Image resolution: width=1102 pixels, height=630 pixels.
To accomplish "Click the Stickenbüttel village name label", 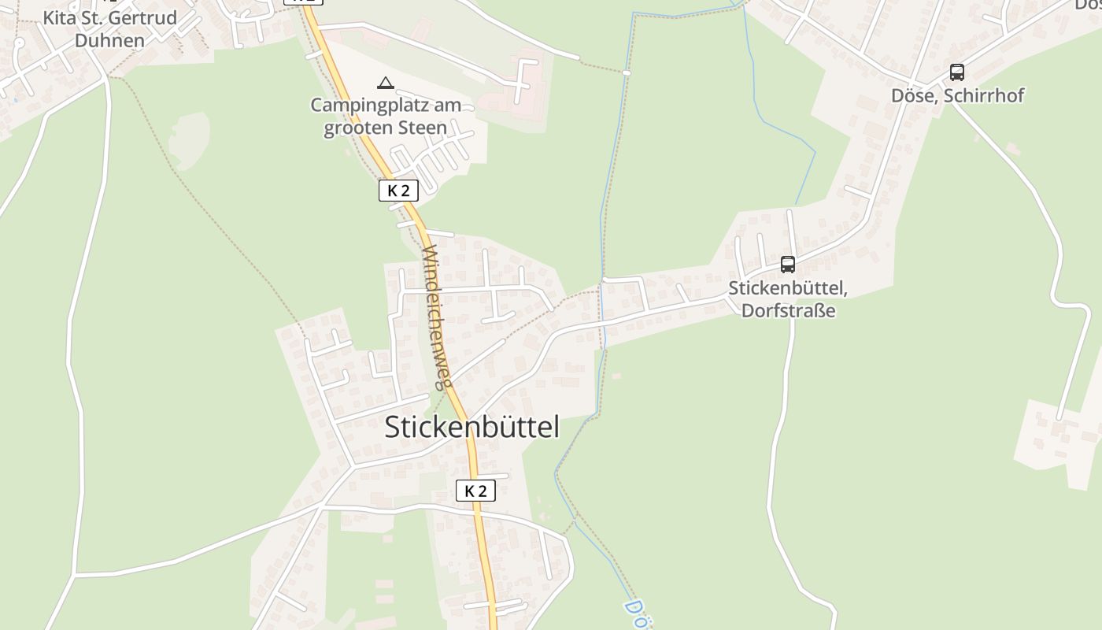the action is tap(471, 427).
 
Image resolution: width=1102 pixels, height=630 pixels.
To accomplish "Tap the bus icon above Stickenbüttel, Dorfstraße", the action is tap(787, 265).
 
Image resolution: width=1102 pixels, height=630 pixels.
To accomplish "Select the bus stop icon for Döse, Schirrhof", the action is tap(956, 72).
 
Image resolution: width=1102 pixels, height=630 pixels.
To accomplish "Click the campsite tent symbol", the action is tap(385, 83).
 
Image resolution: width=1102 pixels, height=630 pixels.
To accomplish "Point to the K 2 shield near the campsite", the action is tap(398, 190).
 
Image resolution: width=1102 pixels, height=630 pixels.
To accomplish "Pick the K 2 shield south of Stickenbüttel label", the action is tap(475, 491).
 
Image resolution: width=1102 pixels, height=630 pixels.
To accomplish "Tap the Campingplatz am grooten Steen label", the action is tap(386, 116).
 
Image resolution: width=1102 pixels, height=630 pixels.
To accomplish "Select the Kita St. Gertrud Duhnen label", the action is tap(109, 29).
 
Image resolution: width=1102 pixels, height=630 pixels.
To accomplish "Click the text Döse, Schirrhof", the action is tap(957, 96).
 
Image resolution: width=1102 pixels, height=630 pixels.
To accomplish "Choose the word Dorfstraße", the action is tap(788, 310).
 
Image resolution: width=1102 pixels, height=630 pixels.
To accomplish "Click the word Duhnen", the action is tap(109, 41).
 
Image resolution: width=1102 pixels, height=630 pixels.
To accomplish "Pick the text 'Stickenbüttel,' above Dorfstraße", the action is tap(787, 289).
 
